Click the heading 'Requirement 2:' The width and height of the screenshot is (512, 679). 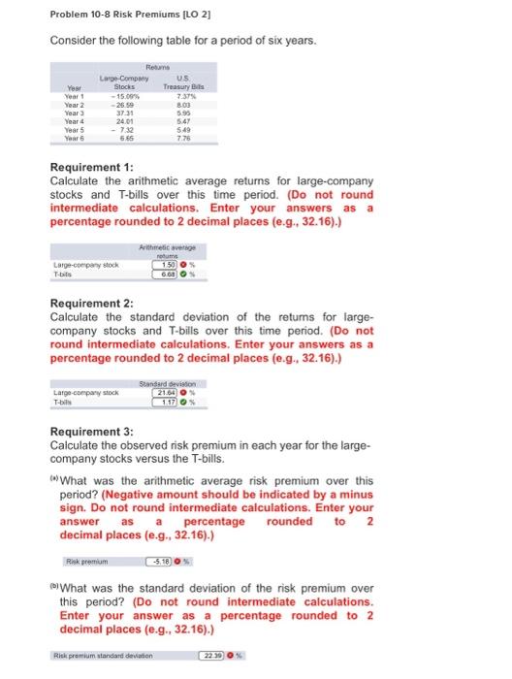point(99,301)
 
